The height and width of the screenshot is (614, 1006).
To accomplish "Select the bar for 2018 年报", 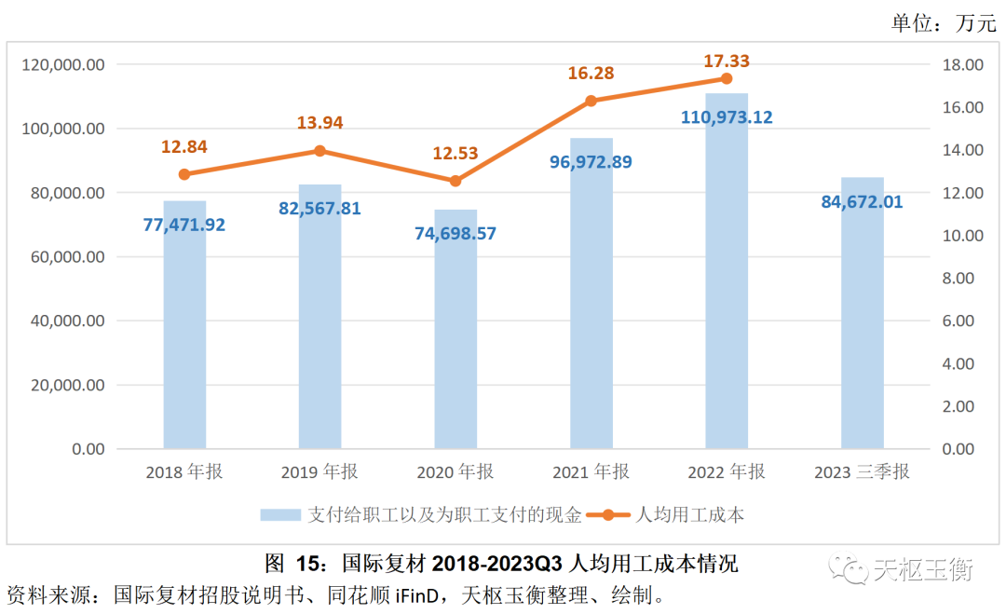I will (x=184, y=326).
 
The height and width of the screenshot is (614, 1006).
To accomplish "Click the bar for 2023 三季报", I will (x=862, y=317).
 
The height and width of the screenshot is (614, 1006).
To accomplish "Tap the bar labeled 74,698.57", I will (x=455, y=335).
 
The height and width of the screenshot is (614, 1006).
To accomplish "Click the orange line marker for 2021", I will (x=591, y=101).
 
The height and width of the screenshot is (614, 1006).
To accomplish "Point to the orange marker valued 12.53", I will (x=455, y=181).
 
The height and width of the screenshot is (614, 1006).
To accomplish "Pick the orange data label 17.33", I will (x=727, y=61).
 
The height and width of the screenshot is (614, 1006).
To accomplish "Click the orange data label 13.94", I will (x=319, y=123).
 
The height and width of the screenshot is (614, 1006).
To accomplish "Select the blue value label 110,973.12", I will (x=727, y=117).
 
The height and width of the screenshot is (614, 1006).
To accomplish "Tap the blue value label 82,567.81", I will (x=319, y=209).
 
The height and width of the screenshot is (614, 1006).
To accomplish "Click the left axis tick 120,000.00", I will (x=62, y=65).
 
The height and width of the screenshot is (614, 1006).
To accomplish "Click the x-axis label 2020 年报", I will (x=455, y=472).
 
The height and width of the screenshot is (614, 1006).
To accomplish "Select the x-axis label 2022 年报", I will (x=727, y=472).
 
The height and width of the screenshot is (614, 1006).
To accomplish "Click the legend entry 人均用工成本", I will (x=688, y=514).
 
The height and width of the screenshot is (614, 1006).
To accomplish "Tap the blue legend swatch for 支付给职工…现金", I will (x=279, y=514).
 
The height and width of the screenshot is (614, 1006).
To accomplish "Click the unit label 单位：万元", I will (x=943, y=23).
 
